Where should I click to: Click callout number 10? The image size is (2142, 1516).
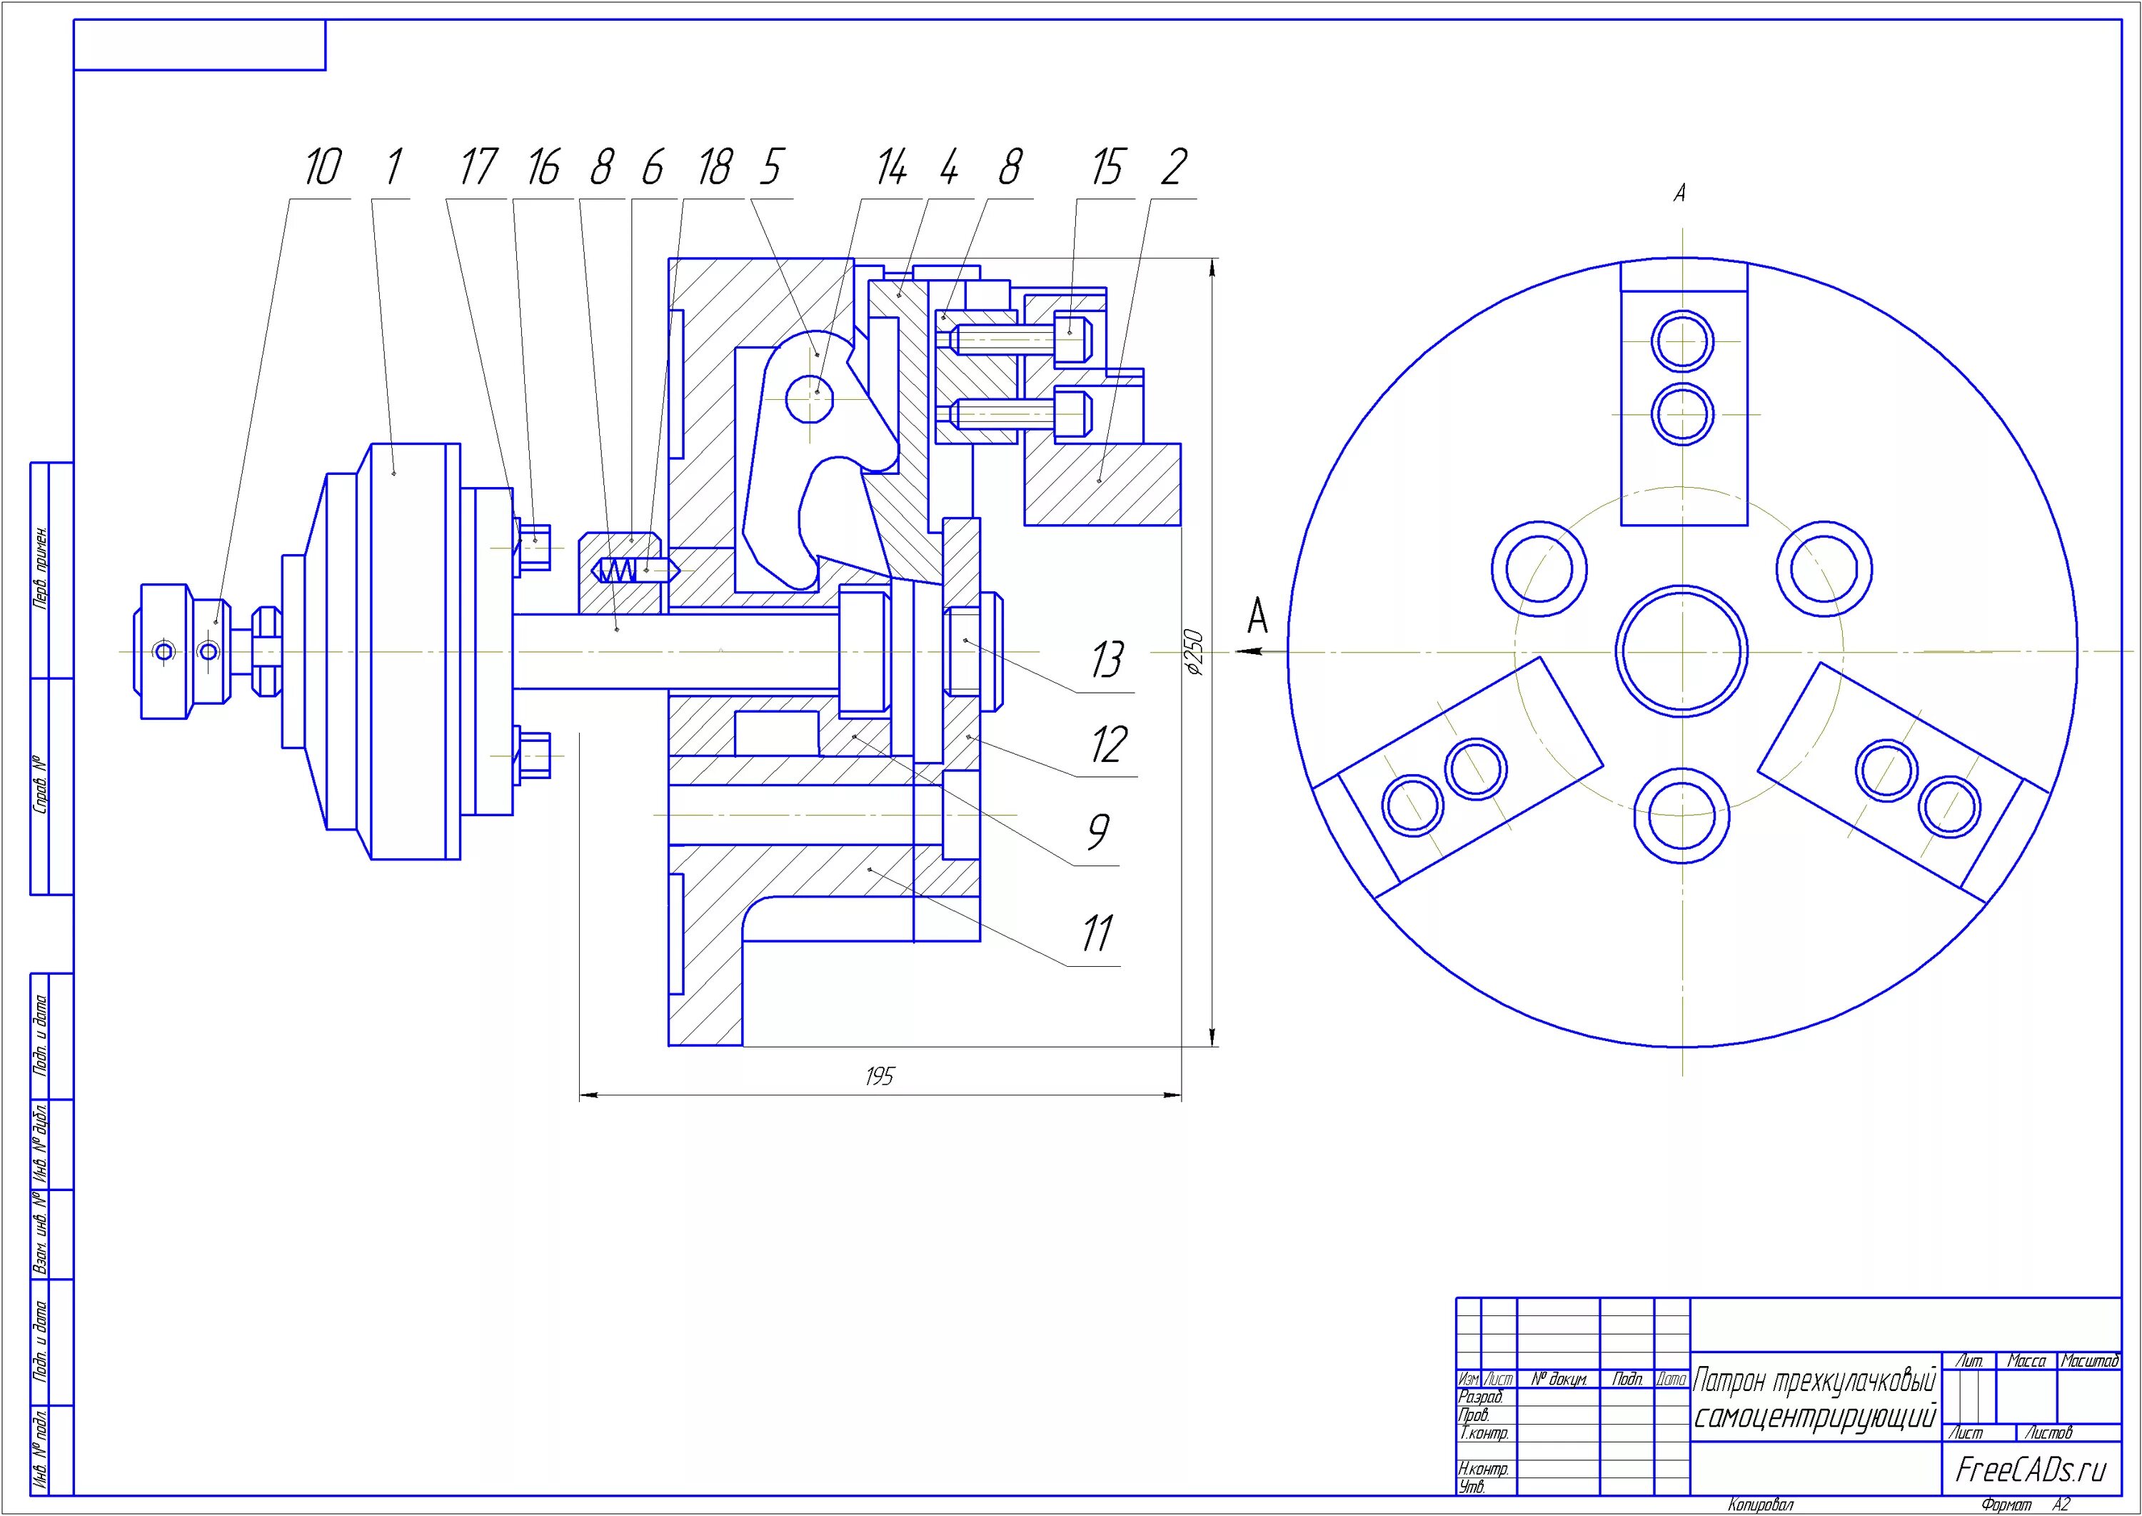pos(322,168)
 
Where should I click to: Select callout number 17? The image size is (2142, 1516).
pos(477,168)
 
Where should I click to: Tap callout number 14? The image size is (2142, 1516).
pos(890,168)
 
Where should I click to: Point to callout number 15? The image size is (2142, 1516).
pos(1106,168)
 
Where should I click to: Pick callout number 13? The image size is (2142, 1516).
pos(1107,660)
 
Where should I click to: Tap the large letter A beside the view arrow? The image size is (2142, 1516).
pos(1258,617)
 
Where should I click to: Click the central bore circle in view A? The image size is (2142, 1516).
pos(1681,651)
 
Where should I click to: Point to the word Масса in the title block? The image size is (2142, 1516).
pos(2026,1361)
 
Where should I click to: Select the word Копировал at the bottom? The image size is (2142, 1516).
pos(1760,1505)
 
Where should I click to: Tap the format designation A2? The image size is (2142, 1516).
pos(2061,1505)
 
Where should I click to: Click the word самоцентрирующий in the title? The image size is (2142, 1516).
pos(1814,1417)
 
